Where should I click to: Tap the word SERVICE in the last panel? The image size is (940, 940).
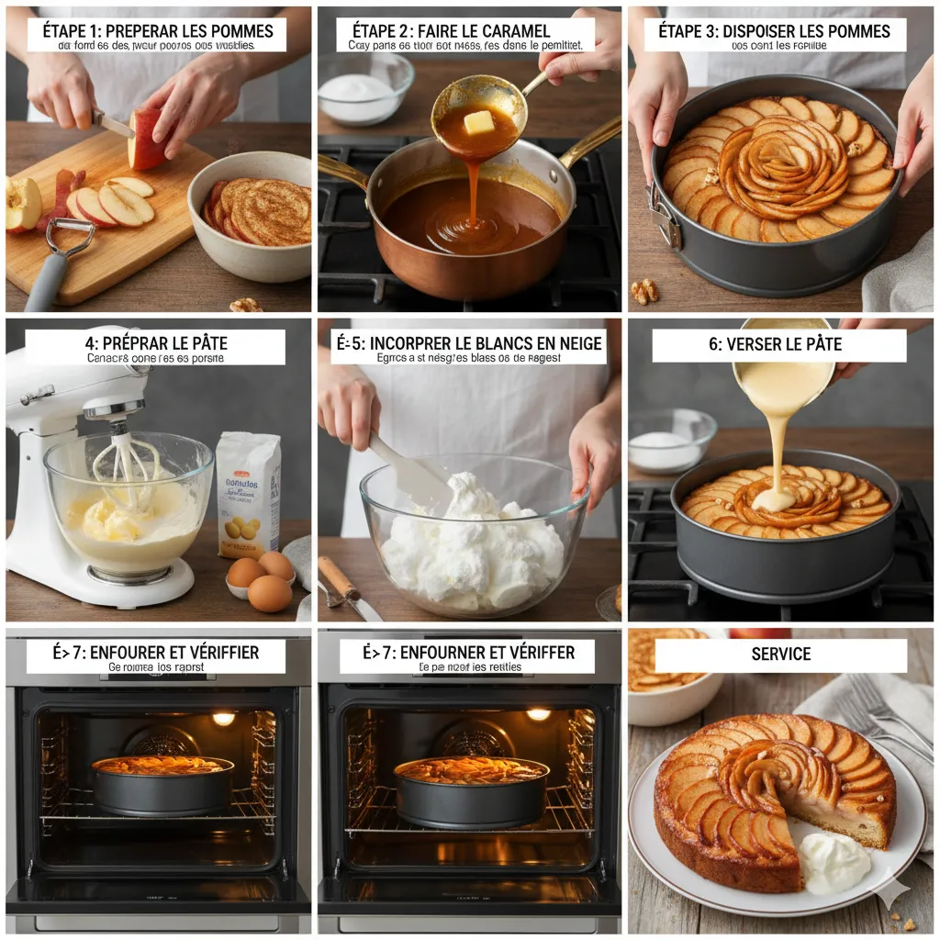click(780, 654)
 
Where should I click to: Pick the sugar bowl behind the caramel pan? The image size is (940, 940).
click(365, 89)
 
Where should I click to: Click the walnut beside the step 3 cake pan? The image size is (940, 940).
click(644, 291)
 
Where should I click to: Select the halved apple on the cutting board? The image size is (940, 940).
click(22, 203)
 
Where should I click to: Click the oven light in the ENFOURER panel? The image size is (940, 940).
click(223, 718)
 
